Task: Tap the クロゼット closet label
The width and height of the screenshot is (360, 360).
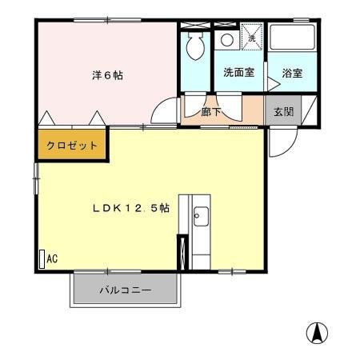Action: point(72,146)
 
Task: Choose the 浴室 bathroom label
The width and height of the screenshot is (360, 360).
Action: point(292,73)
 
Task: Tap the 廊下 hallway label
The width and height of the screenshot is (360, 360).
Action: point(211,113)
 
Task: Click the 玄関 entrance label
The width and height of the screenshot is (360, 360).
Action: point(283,112)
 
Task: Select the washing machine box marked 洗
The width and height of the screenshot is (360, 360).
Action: point(251,38)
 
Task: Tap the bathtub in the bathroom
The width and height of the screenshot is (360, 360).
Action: point(291,38)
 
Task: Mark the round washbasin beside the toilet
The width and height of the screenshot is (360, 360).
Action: point(226,38)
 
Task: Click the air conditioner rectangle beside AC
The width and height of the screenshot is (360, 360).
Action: point(42,258)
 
